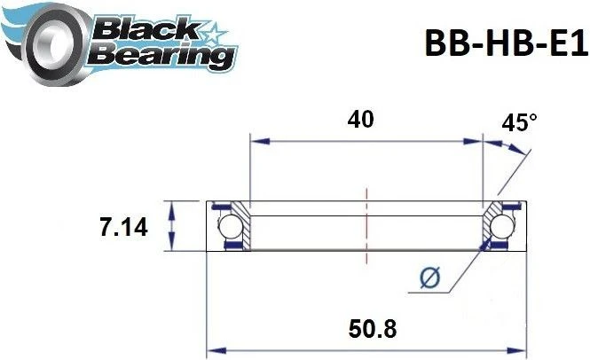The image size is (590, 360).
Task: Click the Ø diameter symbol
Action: (x=429, y=279)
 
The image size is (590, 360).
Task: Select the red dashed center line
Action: (x=366, y=226)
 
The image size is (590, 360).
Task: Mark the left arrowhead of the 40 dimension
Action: (x=257, y=139)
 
